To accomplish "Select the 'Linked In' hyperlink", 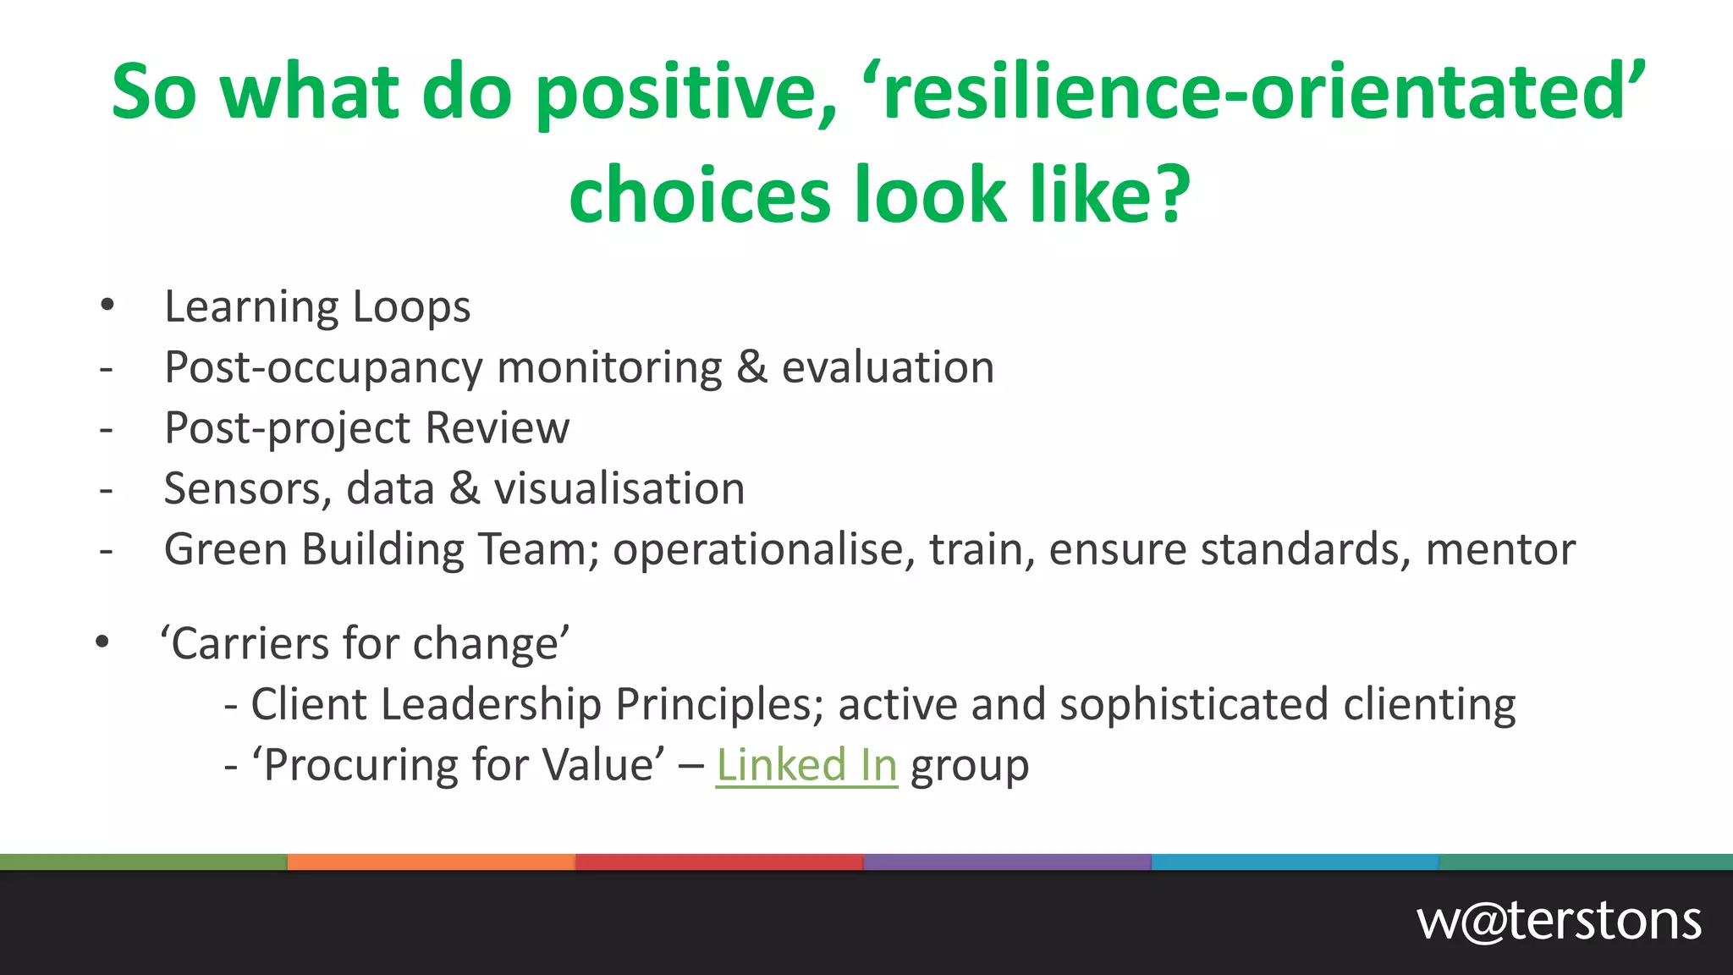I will [x=806, y=765].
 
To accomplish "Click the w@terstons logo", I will [x=1559, y=921].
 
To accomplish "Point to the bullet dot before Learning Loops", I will [x=107, y=306].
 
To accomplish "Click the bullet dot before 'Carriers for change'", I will [x=102, y=642].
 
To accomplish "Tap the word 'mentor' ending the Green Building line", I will [x=1500, y=550].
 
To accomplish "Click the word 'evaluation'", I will [x=888, y=368].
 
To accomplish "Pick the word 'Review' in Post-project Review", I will [x=497, y=428].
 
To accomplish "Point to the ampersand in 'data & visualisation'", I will [x=464, y=489].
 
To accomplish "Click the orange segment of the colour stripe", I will [x=432, y=862].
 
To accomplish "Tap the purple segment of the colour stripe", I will [x=1007, y=862].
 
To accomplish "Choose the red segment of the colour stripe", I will [x=719, y=862].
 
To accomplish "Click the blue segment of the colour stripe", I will [x=1295, y=862].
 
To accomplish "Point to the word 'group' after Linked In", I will [x=970, y=767].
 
